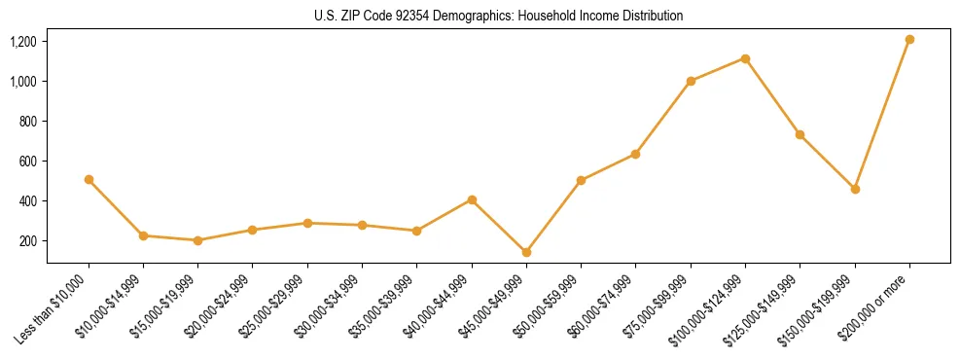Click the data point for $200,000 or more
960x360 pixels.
(x=909, y=40)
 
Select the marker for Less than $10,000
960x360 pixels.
(x=89, y=179)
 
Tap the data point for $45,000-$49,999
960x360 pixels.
(x=526, y=252)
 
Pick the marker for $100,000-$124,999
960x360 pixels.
(x=745, y=58)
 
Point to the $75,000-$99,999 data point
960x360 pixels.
(x=691, y=81)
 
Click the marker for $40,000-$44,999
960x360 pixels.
(x=472, y=199)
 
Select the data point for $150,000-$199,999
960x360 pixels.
(x=855, y=189)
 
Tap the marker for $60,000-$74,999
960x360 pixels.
(x=636, y=154)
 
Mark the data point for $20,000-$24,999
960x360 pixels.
(x=253, y=230)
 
